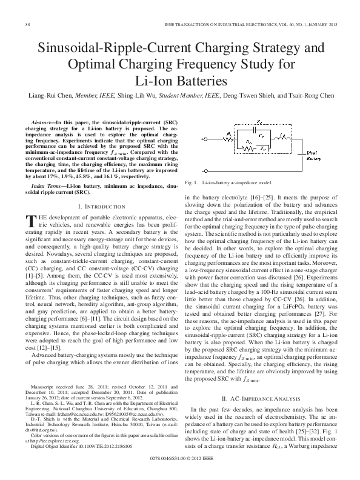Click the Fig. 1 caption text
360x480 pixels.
click(230, 182)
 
